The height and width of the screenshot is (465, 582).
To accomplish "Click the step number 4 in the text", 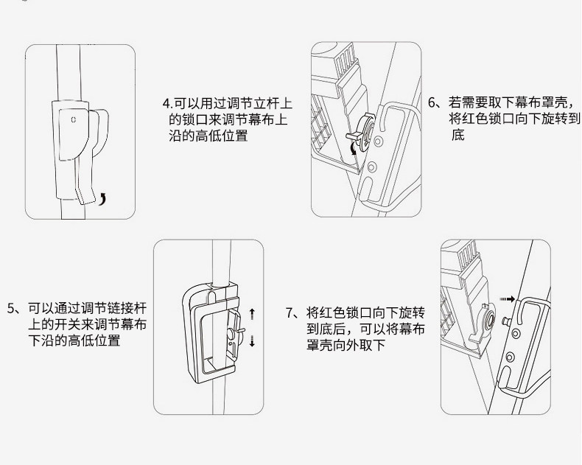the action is point(166,103).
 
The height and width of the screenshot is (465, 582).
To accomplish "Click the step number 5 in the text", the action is point(10,308).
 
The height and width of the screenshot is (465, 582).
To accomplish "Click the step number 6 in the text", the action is point(432,102).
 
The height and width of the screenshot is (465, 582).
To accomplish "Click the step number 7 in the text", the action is point(289,312).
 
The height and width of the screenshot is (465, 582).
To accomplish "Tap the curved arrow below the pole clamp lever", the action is point(102,199).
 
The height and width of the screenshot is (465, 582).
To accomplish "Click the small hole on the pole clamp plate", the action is point(74,119).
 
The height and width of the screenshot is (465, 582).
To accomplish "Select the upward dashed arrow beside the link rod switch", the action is point(253,314).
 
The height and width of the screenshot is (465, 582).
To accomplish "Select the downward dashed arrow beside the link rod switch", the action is point(253,341).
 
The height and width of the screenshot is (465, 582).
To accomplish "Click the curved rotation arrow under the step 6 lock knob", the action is point(354,149).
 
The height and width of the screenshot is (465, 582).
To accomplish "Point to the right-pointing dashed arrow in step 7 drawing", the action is point(507,299).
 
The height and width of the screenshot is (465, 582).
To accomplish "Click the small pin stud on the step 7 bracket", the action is point(506,320).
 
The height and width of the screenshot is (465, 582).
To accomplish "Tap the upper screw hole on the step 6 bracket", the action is point(378,141).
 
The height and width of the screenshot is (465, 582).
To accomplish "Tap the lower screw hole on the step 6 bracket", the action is point(372,167).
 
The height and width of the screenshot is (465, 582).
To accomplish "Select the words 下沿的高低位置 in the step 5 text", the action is point(74,340).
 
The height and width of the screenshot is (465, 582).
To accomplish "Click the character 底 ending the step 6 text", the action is point(458,134).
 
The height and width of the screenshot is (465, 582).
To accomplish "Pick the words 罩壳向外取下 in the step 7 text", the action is point(346,345).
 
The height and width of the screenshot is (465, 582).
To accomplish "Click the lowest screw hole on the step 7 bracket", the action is point(510,357).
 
